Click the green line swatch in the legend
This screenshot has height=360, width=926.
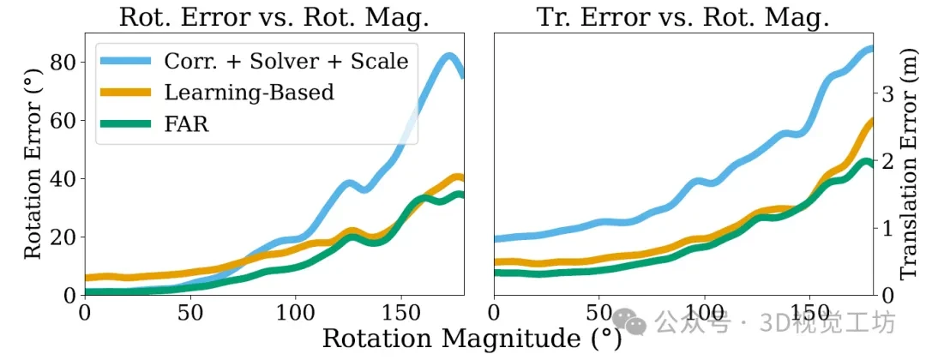(134, 124)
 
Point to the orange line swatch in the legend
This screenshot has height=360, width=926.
(134, 93)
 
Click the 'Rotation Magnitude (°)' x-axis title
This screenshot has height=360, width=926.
(472, 339)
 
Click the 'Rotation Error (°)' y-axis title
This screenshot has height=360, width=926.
(33, 163)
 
